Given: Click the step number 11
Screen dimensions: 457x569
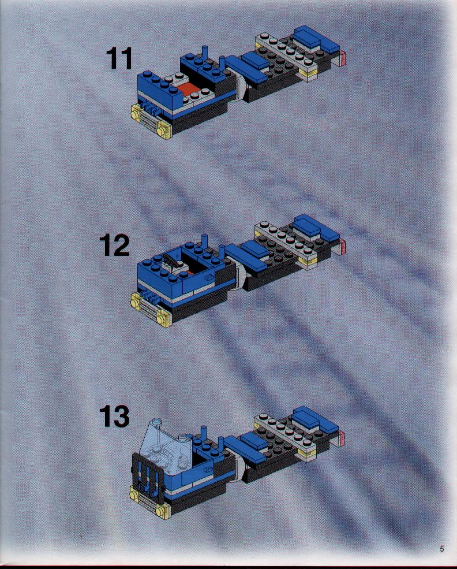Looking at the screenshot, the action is (119, 59).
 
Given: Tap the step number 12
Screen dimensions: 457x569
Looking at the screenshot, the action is (114, 246).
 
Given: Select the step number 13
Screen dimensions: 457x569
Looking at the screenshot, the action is (114, 416).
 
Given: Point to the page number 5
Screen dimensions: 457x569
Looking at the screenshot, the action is (442, 549).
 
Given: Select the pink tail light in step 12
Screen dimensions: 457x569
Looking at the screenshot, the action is (342, 246).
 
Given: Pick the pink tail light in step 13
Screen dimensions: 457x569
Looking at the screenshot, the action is (341, 438).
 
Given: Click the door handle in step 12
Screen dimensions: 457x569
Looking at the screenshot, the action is (209, 278).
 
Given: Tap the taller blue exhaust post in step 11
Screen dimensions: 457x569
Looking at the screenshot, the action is (205, 54).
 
